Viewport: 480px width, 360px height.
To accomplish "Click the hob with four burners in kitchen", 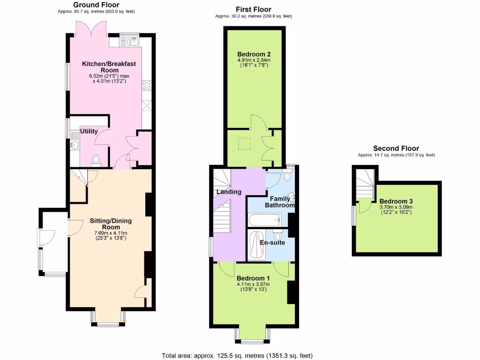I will click(x=146, y=85).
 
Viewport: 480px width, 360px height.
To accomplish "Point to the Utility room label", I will click(x=89, y=131).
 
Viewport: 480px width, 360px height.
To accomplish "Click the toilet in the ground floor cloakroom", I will click(x=97, y=161).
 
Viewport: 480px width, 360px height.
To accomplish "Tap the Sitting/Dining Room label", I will click(x=111, y=224).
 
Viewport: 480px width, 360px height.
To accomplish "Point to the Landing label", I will click(x=229, y=192).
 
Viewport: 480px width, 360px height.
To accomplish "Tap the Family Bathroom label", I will click(x=280, y=202).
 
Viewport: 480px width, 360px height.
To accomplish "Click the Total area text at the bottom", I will click(x=237, y=355).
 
